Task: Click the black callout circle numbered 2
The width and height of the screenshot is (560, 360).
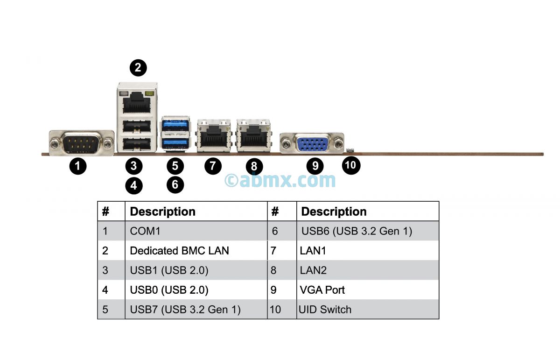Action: (x=138, y=68)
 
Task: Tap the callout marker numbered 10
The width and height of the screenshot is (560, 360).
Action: (x=351, y=165)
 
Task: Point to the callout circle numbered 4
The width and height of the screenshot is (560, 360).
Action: (x=134, y=185)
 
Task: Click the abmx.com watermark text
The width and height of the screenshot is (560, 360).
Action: (x=280, y=180)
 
